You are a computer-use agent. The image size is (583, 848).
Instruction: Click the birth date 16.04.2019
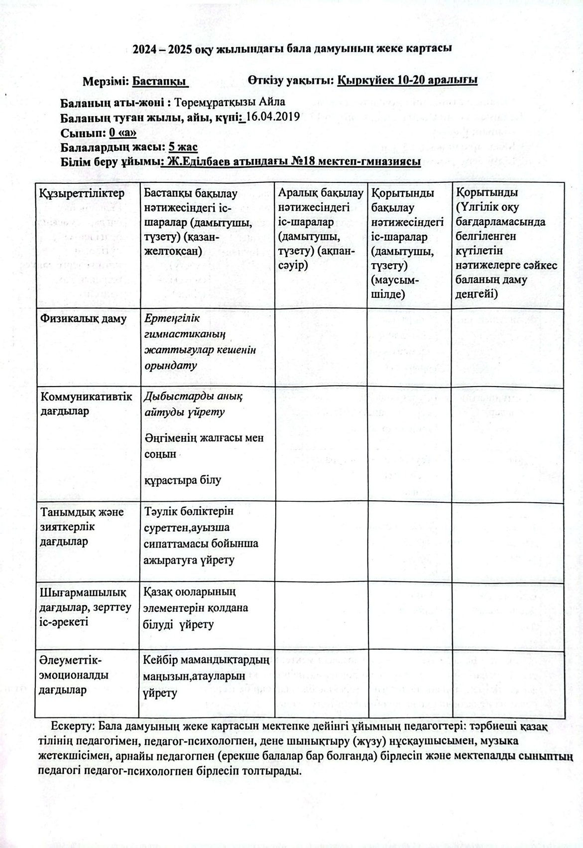[x=272, y=118]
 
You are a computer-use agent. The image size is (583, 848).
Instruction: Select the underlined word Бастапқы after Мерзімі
[x=160, y=82]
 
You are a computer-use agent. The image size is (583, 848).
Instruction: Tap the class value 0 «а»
[x=122, y=133]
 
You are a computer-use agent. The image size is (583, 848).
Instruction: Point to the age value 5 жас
[x=183, y=147]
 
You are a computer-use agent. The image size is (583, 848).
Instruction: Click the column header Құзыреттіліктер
[x=82, y=193]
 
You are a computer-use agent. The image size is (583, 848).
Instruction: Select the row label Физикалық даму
[x=83, y=318]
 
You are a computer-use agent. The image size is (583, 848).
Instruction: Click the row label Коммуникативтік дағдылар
[x=86, y=404]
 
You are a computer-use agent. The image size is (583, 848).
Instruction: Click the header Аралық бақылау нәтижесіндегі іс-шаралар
[x=321, y=228]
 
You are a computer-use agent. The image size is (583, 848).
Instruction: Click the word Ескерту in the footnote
[x=73, y=726]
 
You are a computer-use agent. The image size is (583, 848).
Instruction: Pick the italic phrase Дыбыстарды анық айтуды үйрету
[x=193, y=404]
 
